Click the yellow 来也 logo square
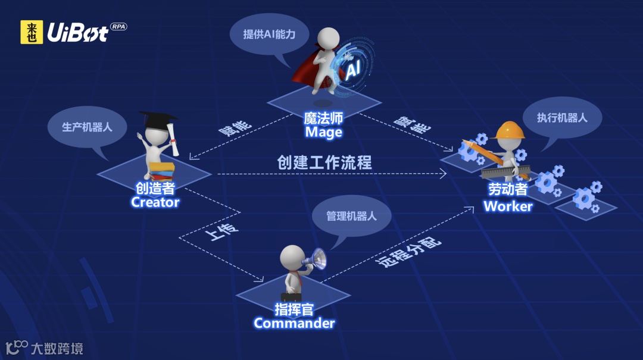[x=32, y=32]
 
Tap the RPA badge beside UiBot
[x=118, y=27]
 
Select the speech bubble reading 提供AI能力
[x=269, y=34]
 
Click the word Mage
[x=323, y=132]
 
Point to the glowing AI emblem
[x=353, y=70]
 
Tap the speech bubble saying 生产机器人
[x=87, y=127]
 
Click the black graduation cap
[x=157, y=120]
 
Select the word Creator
[x=155, y=202]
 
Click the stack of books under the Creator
[x=161, y=171]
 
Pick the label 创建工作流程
[x=324, y=162]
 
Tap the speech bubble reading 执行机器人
[x=562, y=118]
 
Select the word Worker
[x=508, y=206]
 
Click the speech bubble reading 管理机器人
[x=351, y=216]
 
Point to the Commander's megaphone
[x=315, y=259]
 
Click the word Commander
[x=294, y=323]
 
